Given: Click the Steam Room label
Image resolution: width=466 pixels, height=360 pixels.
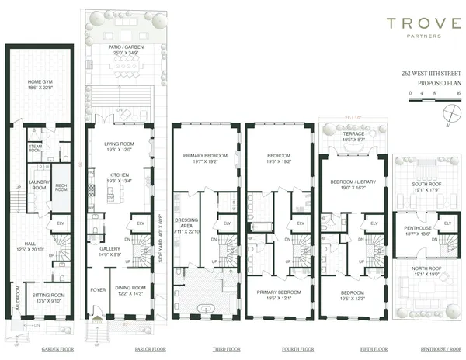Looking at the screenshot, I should (36, 147).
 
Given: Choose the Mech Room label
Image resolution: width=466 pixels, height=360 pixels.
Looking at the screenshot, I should (61, 186).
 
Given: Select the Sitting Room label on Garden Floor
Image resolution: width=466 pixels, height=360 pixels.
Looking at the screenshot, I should (47, 296).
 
